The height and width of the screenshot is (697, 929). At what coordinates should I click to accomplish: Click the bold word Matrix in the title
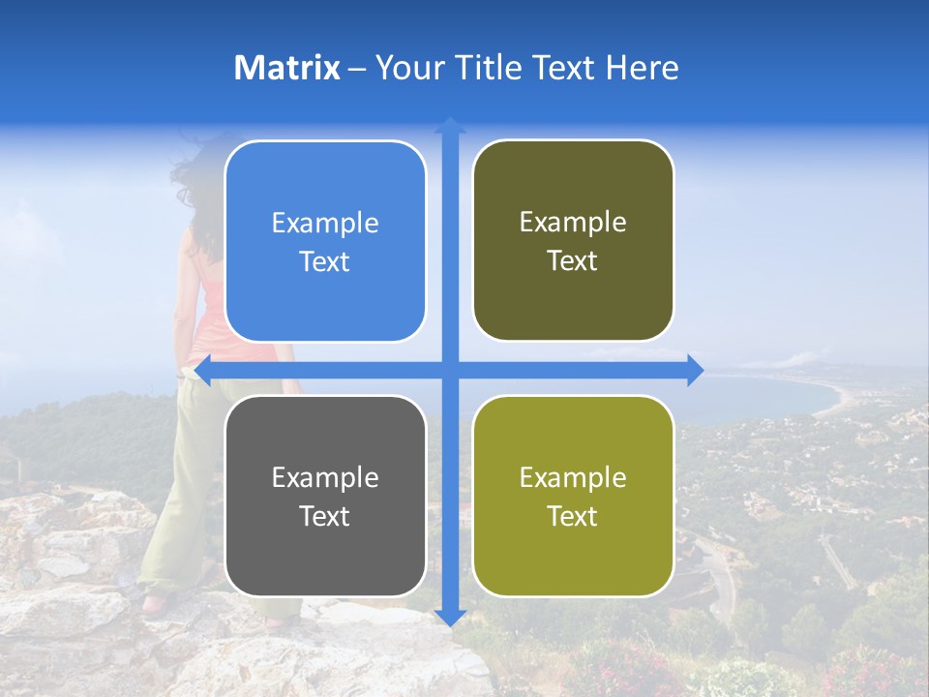coord(286,68)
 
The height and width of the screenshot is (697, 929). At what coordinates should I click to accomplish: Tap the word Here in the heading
coord(642,68)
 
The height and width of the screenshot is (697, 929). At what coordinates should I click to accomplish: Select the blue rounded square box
coord(325,242)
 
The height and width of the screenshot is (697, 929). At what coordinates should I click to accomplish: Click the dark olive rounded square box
coord(573,241)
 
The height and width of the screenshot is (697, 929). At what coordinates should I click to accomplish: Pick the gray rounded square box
coord(325,497)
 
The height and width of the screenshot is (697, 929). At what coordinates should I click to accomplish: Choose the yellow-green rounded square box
coord(573,497)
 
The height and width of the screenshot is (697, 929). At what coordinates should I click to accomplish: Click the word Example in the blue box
coord(325,224)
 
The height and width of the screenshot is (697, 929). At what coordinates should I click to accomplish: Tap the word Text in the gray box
coord(325,516)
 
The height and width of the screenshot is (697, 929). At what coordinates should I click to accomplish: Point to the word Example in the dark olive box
coord(573,223)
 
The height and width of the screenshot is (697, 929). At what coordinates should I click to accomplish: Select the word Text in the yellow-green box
coord(573,516)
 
